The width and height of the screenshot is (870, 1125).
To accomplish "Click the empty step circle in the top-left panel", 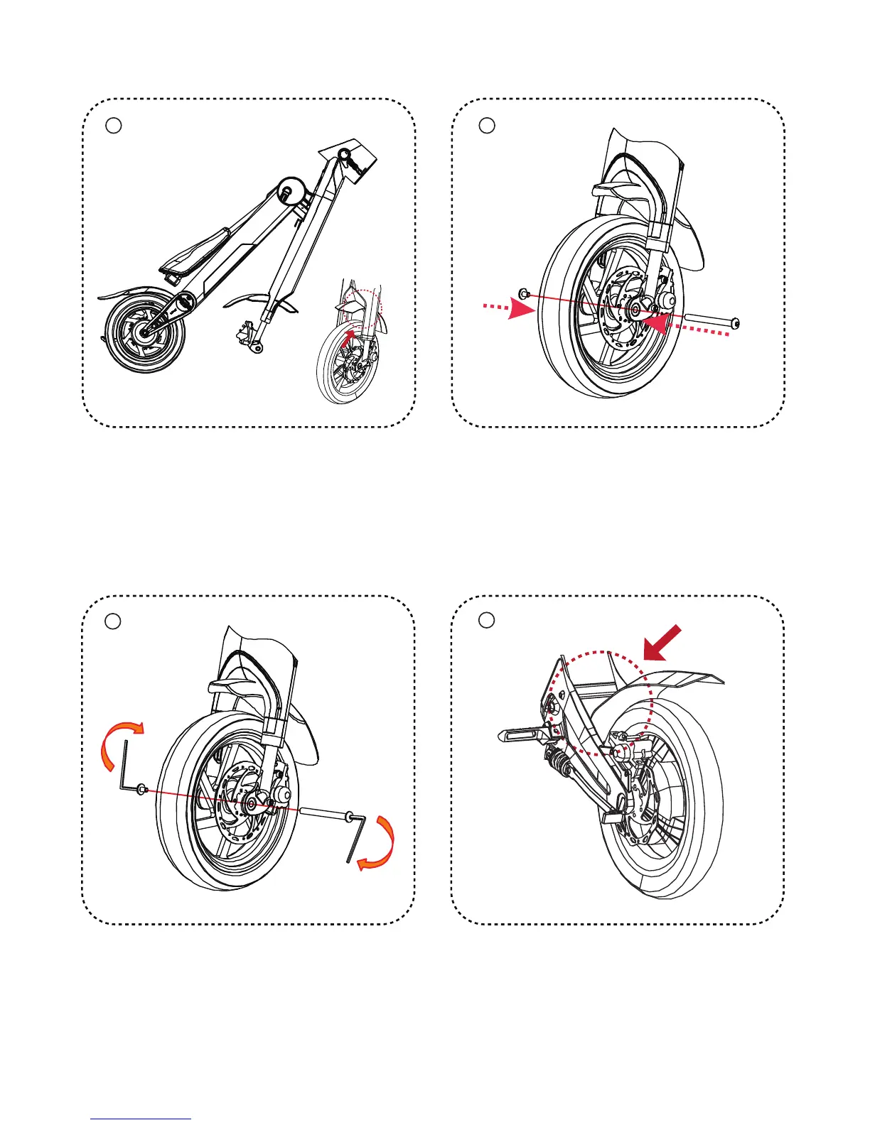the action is coord(114,126).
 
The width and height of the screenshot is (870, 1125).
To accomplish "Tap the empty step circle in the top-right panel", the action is coord(486,125).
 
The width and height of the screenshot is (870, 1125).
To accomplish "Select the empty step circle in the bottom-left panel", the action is coord(113,621).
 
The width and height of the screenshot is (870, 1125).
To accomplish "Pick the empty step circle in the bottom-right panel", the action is coord(486,620).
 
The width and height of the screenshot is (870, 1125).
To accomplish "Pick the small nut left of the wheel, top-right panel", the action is coord(525,293).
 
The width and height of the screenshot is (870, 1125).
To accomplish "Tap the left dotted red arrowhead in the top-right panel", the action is coord(523,310).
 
